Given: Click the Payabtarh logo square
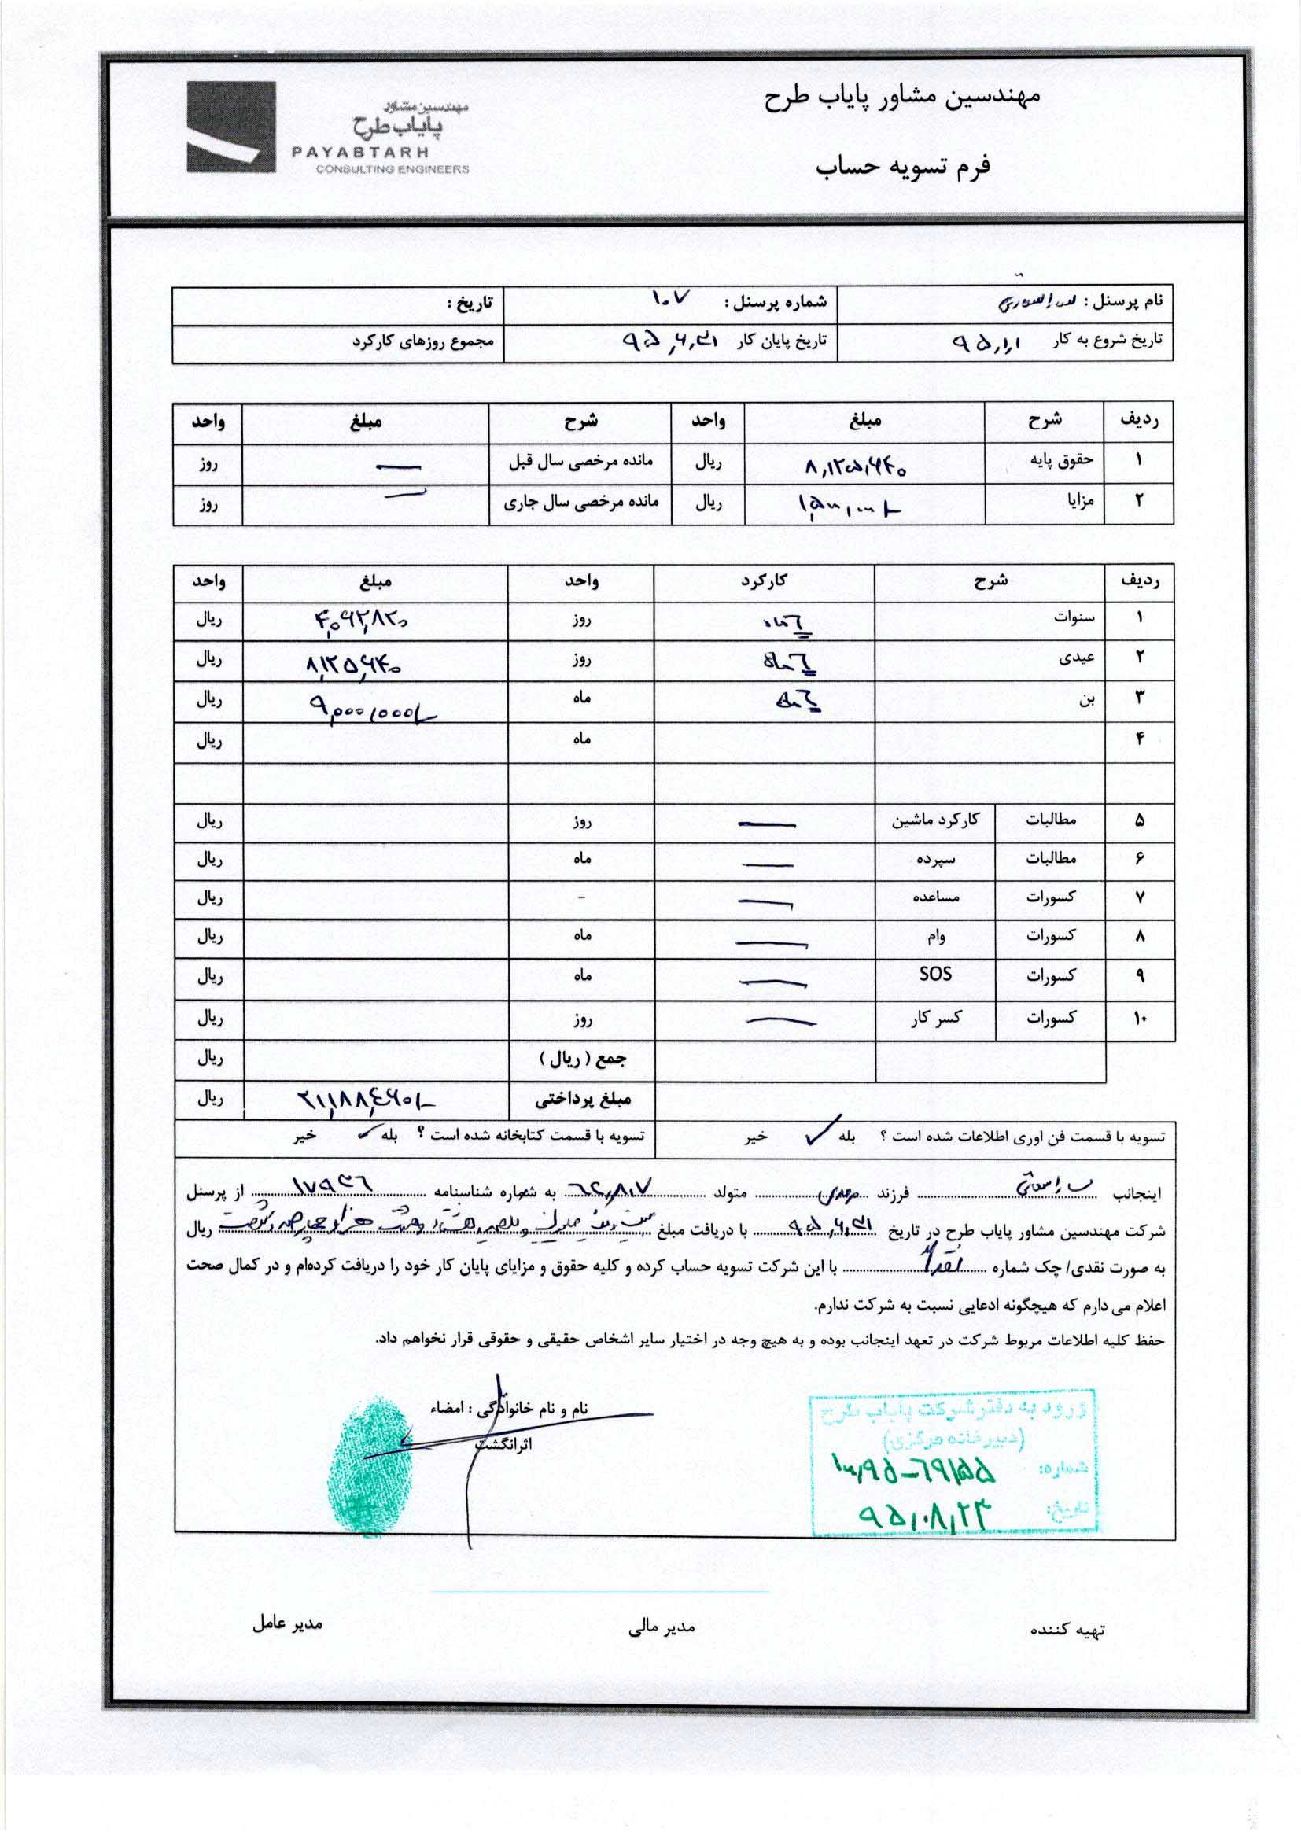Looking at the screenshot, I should click(231, 127).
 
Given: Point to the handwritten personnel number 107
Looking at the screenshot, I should click(669, 301).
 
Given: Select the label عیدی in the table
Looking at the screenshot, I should click(1080, 658).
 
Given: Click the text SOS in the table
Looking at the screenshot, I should click(935, 974).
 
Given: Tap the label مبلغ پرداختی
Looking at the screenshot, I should click(582, 1099).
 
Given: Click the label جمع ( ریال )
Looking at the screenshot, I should click(582, 1059).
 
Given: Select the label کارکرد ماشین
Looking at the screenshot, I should click(935, 820).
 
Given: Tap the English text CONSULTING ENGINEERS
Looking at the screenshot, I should click(393, 170).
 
